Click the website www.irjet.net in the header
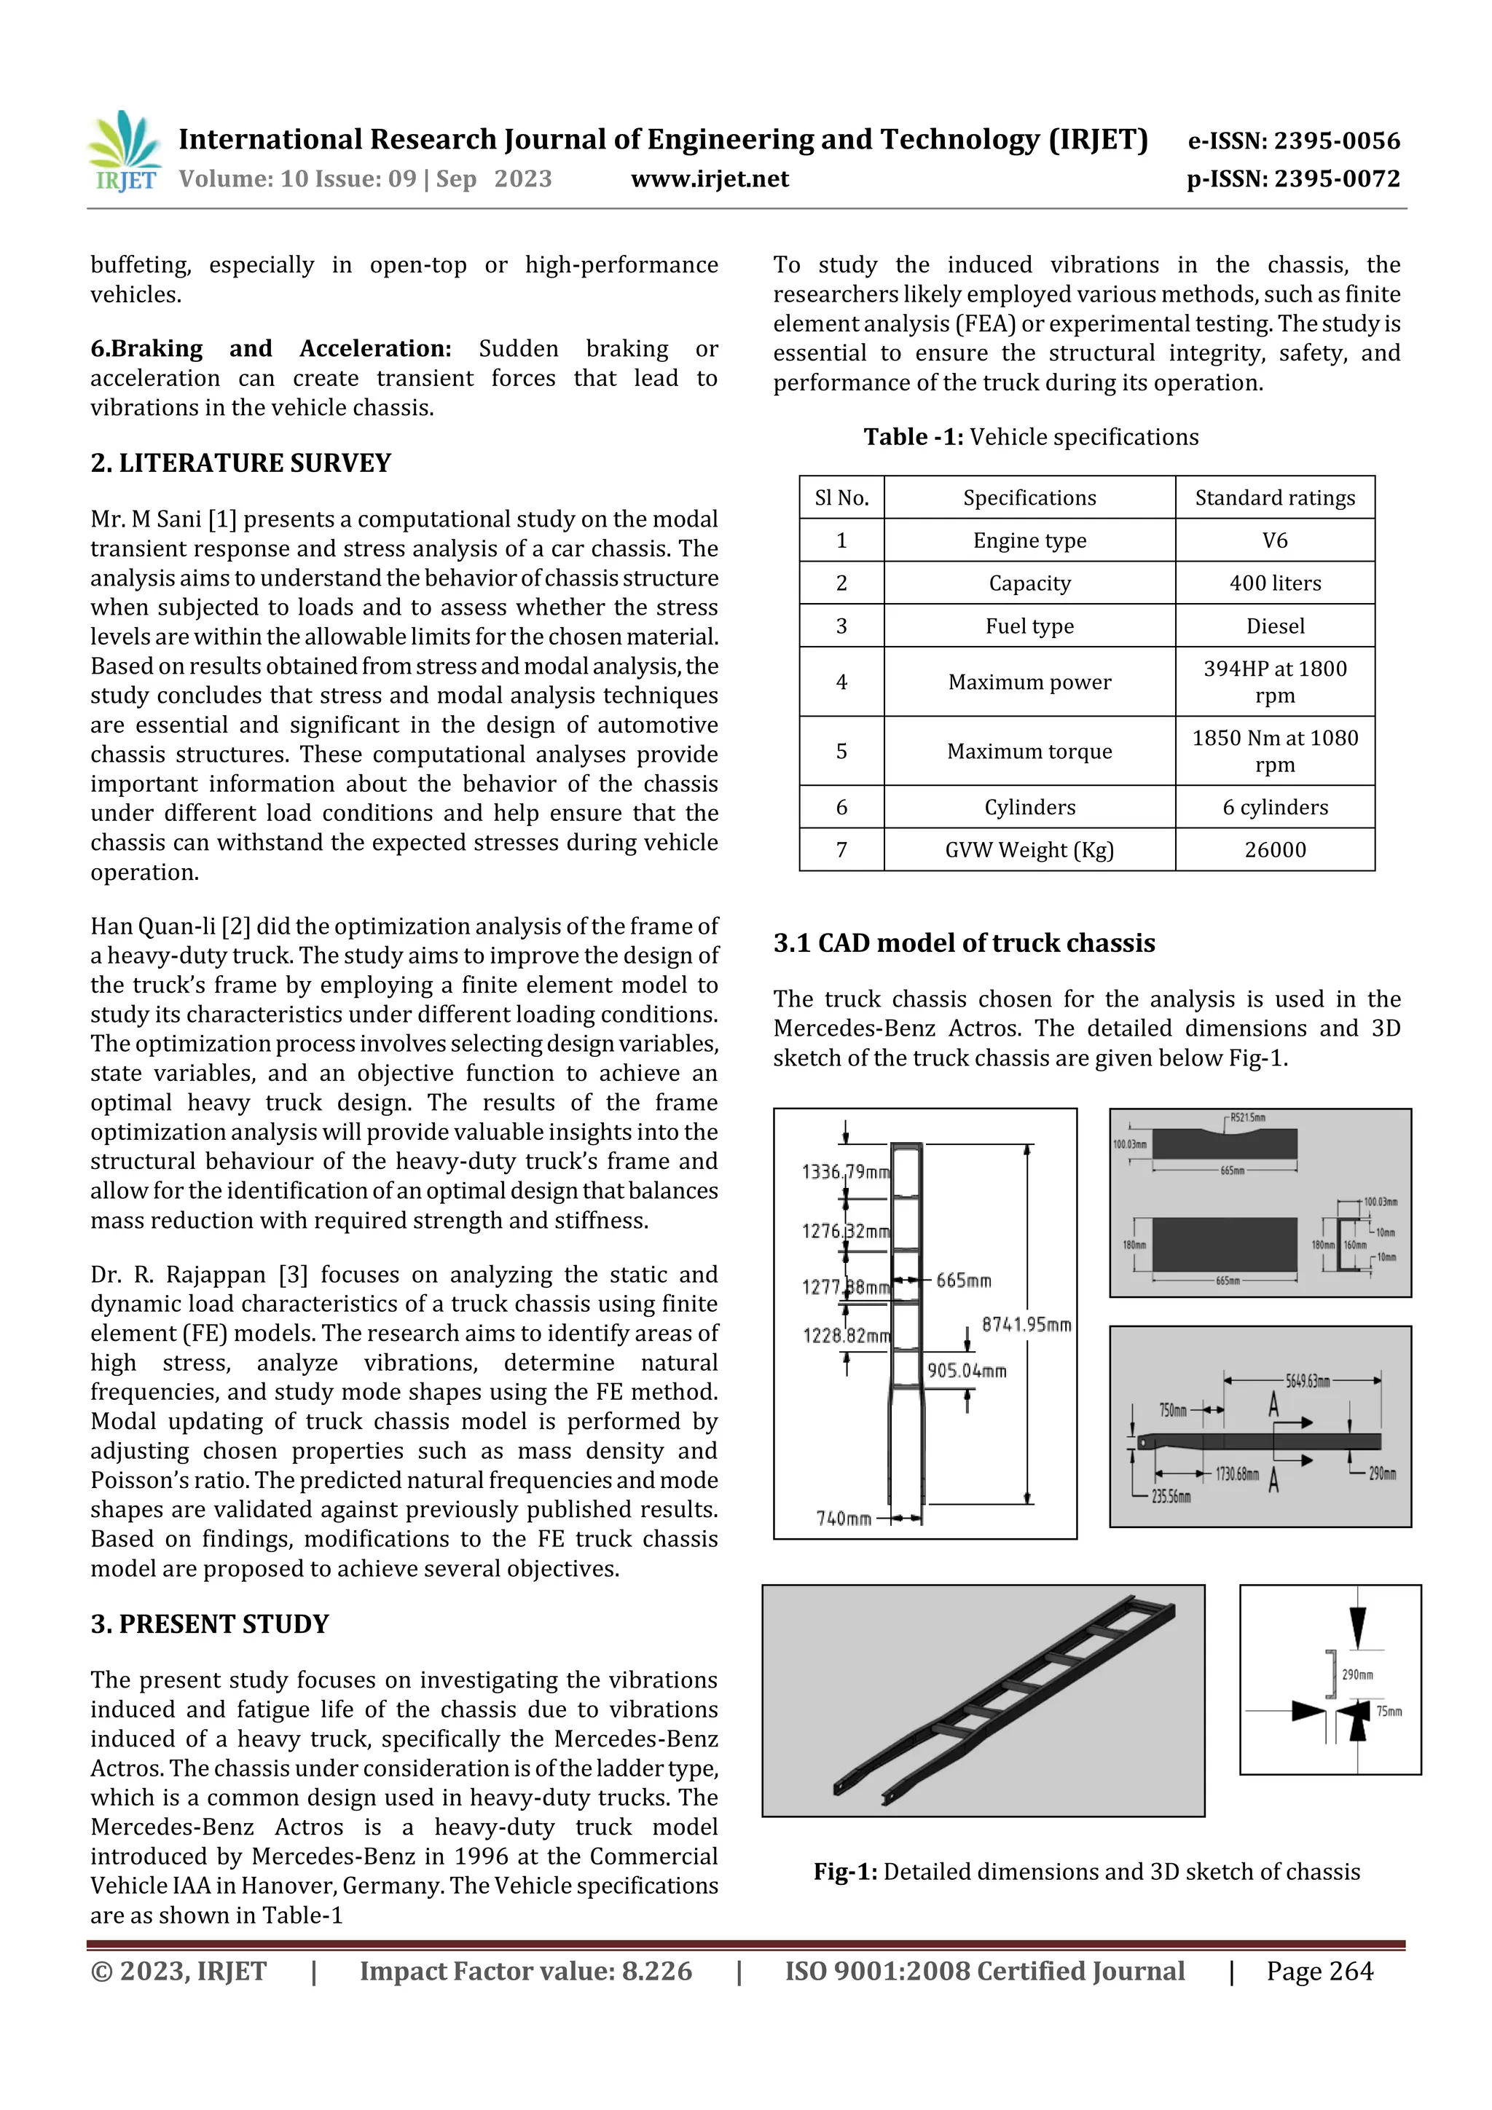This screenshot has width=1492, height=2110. coord(710,179)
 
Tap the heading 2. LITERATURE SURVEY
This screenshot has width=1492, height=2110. coord(241,462)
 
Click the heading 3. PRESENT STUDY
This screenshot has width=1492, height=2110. coord(210,1624)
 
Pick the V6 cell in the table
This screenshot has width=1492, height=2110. coord(1274,540)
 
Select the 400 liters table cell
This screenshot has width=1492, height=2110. coord(1274,583)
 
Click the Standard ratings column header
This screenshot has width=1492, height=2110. coord(1274,498)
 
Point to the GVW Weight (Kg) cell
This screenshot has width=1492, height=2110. coord(1029,850)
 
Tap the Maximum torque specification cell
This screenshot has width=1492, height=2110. coord(1029,752)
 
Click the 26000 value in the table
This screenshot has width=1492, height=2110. coord(1274,850)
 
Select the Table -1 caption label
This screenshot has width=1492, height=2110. coord(913,438)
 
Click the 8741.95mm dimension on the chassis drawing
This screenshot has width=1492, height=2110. coord(1026,1324)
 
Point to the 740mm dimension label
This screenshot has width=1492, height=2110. coord(843,1518)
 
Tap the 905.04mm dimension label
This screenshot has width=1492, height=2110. coord(966,1370)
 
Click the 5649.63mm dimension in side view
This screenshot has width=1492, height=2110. coord(1306,1381)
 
